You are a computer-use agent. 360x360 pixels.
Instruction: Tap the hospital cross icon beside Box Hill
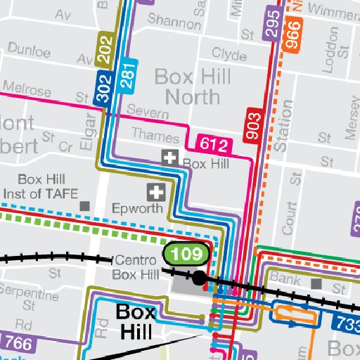coord(169,158)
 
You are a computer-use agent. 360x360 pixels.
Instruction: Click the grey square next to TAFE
coord(86,206)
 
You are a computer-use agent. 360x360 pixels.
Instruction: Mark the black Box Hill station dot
coord(200,278)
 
